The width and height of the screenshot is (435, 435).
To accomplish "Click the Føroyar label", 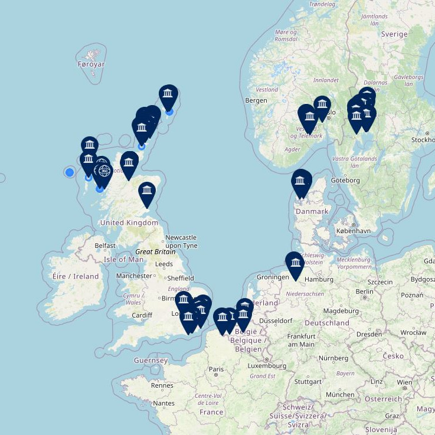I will [x=91, y=64].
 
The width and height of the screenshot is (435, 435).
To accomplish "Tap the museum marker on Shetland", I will [x=169, y=94].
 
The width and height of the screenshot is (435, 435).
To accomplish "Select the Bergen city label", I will [x=256, y=100].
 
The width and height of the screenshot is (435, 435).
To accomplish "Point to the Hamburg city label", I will [x=319, y=279].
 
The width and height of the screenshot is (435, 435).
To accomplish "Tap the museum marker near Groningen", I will [x=295, y=263].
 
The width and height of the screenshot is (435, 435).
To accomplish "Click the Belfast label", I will [x=105, y=245].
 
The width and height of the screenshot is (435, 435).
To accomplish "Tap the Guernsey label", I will [x=151, y=360].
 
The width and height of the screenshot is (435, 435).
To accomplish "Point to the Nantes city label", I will [x=163, y=403].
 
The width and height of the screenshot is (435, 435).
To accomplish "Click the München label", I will [x=340, y=394].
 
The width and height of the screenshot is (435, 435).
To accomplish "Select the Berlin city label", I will [x=365, y=292].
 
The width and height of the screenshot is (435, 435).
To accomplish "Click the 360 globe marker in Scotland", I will [x=104, y=171].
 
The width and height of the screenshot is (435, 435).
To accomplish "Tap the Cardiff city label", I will [x=142, y=315].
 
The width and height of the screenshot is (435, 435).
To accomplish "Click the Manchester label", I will [x=134, y=276].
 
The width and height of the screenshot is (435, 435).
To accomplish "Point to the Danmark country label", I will [x=312, y=211].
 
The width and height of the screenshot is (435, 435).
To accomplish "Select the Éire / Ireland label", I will [x=76, y=276].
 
